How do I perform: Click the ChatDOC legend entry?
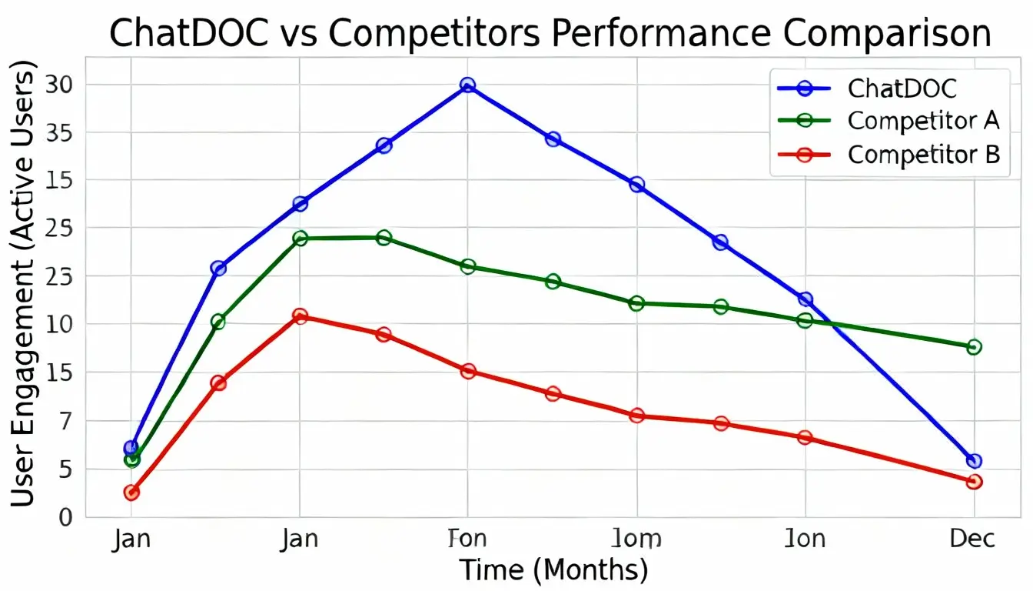[x=902, y=88]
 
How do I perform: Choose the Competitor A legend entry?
[x=923, y=121]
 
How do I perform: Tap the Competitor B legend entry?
[x=923, y=155]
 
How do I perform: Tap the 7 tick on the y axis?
[x=65, y=422]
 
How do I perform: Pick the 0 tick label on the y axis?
[x=65, y=517]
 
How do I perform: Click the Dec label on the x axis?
[x=973, y=538]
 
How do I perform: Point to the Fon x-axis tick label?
[x=467, y=538]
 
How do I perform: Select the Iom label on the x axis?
[x=636, y=538]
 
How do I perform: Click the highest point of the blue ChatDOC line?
[x=467, y=85]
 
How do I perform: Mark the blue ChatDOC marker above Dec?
[x=974, y=461]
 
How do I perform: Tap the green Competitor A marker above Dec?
[x=974, y=347]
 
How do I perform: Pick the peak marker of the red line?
[x=300, y=316]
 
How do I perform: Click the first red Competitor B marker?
[x=131, y=492]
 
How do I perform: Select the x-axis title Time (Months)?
[x=553, y=570]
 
